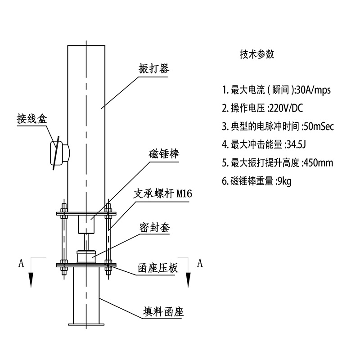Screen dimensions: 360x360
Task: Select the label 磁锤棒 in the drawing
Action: pyautogui.click(x=164, y=154)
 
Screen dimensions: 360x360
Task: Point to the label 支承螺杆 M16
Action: pyautogui.click(x=163, y=194)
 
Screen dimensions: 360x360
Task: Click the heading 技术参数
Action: pyautogui.click(x=257, y=54)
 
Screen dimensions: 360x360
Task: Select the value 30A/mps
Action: pyautogui.click(x=313, y=90)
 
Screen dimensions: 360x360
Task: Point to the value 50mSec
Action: pyautogui.click(x=319, y=126)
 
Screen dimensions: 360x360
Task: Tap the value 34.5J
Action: pyautogui.click(x=299, y=144)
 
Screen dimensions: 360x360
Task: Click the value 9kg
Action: pyautogui.click(x=285, y=181)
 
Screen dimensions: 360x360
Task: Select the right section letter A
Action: pyautogui.click(x=200, y=263)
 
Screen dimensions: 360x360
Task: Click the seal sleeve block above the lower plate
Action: pyautogui.click(x=86, y=257)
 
